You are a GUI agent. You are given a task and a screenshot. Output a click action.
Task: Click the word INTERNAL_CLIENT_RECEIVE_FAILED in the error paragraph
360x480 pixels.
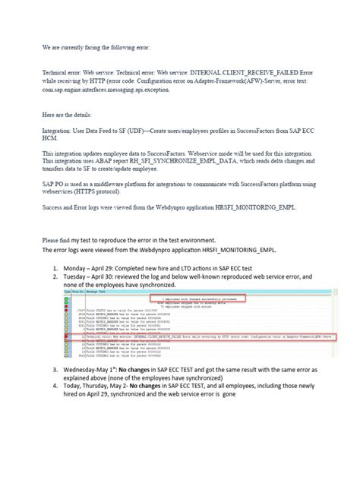coord(262,71)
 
